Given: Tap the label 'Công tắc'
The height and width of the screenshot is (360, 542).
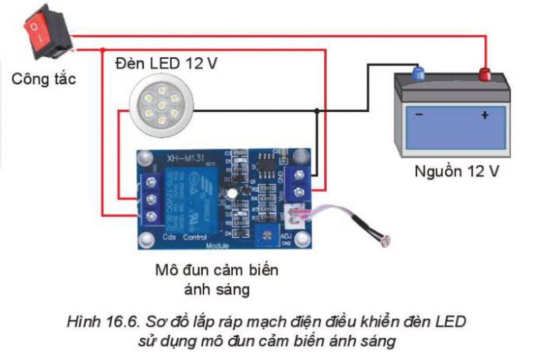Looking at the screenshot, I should coord(44,79).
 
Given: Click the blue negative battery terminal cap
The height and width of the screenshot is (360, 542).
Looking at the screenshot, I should coord(419,73).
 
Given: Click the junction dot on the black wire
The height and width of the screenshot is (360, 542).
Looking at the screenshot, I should coord(317,111).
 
